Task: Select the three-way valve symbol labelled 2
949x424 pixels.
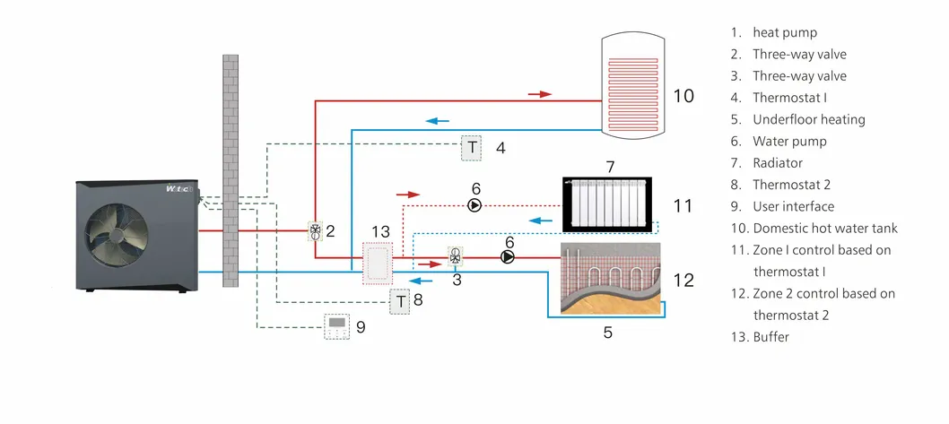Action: click(315, 231)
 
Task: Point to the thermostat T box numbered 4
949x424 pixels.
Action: click(472, 148)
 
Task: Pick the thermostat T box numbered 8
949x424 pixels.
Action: click(400, 301)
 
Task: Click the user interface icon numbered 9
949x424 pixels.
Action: click(338, 327)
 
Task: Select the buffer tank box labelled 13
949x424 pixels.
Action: click(377, 263)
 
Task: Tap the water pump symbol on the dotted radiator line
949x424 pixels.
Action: click(475, 205)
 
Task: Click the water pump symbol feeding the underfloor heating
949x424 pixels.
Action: click(509, 257)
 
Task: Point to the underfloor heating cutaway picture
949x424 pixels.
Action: click(610, 278)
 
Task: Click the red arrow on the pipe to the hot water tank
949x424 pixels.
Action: click(538, 93)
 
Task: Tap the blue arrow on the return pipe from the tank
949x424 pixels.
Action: click(437, 121)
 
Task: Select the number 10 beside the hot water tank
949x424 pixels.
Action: click(683, 95)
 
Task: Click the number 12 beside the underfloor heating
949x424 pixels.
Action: click(683, 280)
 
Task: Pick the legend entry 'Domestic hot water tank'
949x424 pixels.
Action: click(824, 229)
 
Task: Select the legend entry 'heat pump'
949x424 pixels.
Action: click(785, 32)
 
